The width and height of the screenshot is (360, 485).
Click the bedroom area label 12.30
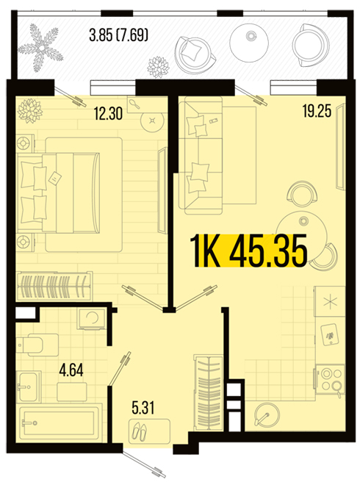click(108, 113)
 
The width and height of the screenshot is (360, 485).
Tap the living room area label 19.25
click(317, 111)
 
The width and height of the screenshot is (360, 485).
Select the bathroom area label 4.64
click(71, 370)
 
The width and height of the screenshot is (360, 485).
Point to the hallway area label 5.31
click(143, 408)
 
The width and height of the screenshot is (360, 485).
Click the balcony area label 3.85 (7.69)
click(119, 35)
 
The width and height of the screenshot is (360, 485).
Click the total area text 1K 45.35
click(249, 251)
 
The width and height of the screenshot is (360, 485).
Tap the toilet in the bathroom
click(38, 345)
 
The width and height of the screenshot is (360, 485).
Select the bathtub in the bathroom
click(60, 423)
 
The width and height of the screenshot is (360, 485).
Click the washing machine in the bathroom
click(93, 319)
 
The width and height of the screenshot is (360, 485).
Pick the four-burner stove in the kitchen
click(330, 379)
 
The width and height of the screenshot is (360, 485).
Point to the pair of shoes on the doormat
click(140, 431)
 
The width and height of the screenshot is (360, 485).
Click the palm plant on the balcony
click(40, 48)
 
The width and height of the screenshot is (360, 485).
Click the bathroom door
click(119, 368)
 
